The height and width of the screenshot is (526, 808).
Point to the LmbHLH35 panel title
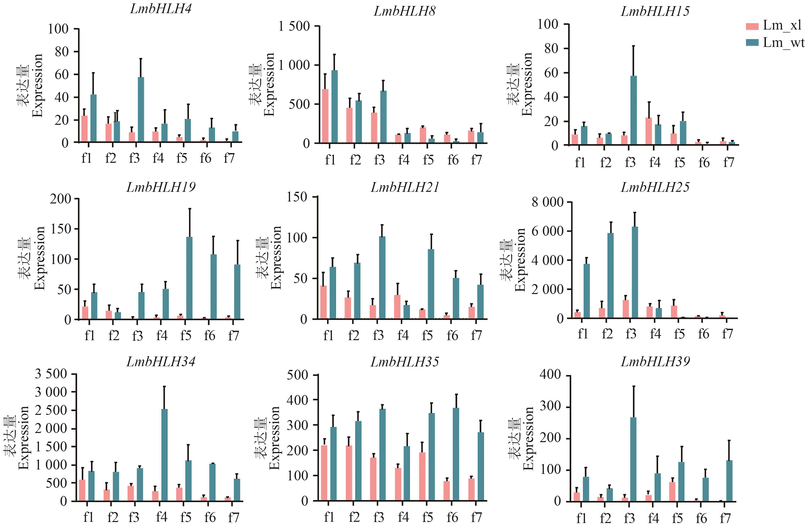point(405,362)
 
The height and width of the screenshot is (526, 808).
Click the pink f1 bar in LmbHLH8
point(325,116)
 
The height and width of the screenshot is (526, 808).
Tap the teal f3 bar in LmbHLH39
point(633,459)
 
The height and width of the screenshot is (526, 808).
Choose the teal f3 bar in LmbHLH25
point(635,272)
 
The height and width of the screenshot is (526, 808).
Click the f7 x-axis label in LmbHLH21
point(476,335)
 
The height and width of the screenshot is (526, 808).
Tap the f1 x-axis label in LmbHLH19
point(90,335)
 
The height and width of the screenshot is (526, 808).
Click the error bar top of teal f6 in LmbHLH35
point(456,394)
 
